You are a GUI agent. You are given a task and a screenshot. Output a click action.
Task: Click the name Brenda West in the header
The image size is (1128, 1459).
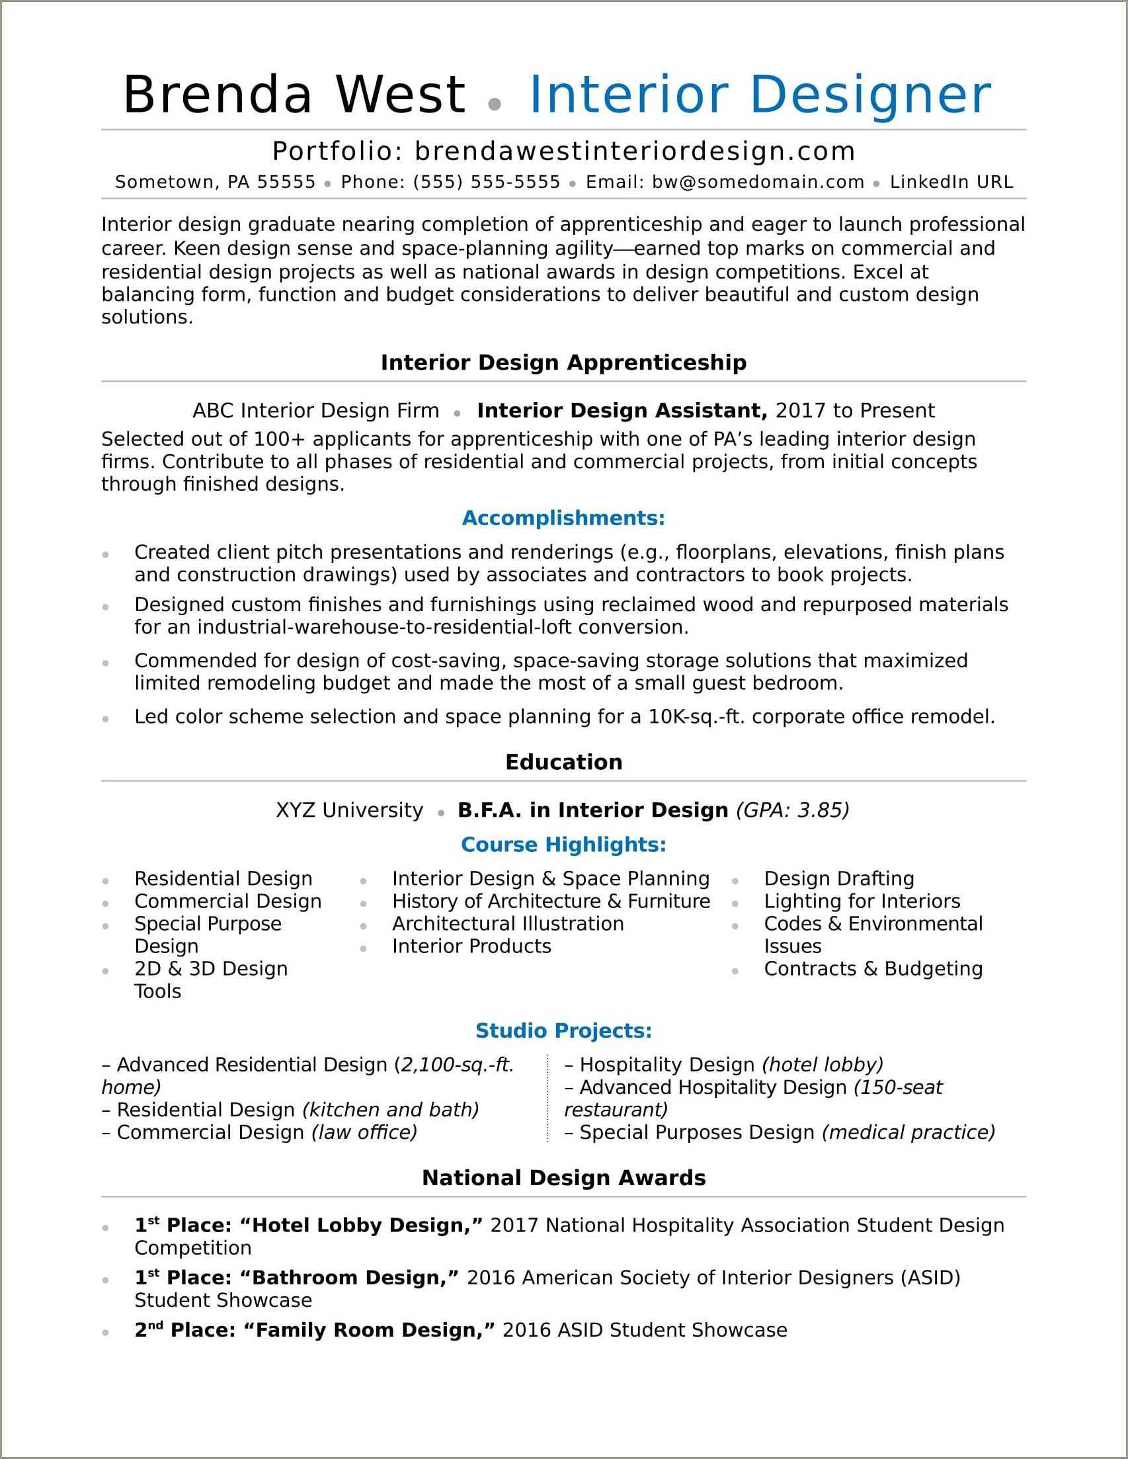click(294, 94)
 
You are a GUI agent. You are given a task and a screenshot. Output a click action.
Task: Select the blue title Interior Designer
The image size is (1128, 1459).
click(760, 94)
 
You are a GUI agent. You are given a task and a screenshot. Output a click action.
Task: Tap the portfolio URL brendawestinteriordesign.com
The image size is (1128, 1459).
click(635, 151)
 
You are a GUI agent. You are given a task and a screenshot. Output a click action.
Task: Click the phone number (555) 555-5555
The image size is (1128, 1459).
click(486, 182)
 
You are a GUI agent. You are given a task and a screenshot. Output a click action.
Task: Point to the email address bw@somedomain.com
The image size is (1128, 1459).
click(758, 182)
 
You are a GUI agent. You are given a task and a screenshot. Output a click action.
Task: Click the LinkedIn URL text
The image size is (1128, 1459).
click(951, 182)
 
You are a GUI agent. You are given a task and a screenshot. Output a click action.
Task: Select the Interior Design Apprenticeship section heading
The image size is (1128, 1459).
click(563, 362)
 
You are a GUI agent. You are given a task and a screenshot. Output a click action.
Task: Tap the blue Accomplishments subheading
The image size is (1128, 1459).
click(563, 518)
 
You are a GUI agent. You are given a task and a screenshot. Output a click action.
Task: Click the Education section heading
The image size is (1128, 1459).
click(563, 761)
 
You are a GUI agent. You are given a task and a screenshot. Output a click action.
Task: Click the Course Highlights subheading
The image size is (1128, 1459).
click(563, 845)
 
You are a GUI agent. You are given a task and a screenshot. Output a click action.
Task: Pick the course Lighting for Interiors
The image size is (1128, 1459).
click(862, 901)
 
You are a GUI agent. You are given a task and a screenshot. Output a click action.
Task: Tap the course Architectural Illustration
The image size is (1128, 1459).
click(508, 923)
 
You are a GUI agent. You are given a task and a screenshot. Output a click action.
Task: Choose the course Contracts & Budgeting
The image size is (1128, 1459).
click(873, 969)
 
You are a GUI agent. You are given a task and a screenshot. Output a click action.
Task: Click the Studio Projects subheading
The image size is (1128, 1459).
click(563, 1031)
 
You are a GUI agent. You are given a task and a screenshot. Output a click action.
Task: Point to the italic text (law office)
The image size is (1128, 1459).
click(364, 1132)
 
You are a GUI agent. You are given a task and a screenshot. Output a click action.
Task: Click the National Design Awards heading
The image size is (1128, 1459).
click(563, 1178)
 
